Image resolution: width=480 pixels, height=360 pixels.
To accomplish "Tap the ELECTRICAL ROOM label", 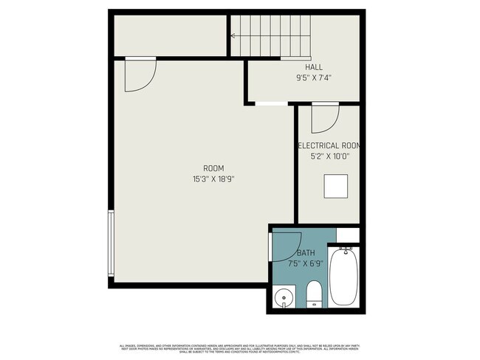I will click(329, 146).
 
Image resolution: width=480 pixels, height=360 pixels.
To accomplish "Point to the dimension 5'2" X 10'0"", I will click(329, 156).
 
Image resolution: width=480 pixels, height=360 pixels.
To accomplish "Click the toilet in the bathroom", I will click(314, 293).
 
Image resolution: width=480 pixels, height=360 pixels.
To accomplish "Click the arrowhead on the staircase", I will click(233, 35).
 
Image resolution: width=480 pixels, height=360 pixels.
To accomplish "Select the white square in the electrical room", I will click(336, 186).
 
